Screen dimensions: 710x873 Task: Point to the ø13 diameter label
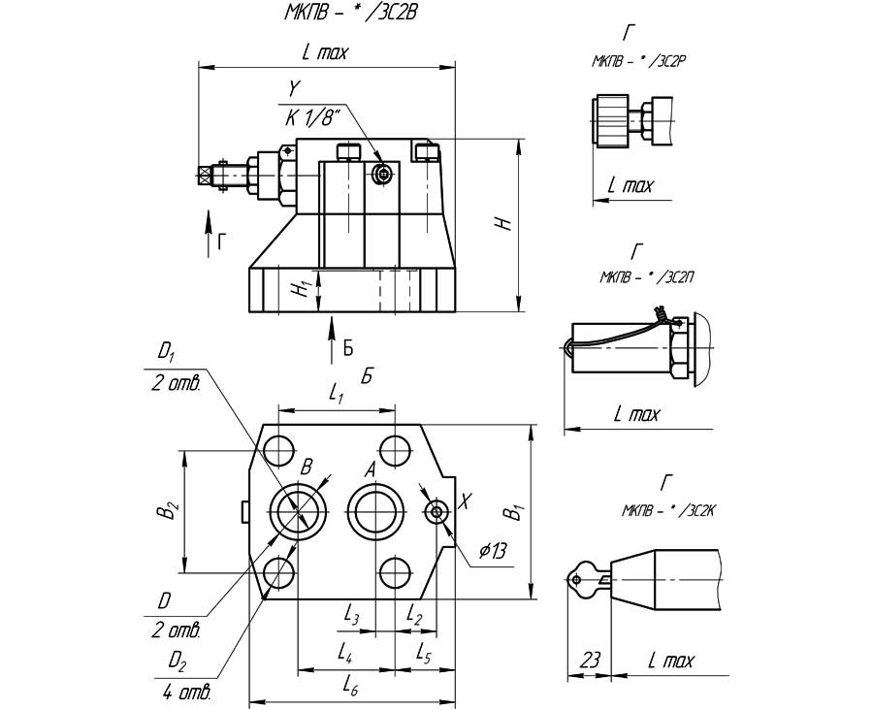pyautogui.click(x=494, y=552)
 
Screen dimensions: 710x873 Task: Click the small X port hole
pyautogui.click(x=437, y=511)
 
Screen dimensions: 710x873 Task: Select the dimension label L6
pyautogui.click(x=351, y=686)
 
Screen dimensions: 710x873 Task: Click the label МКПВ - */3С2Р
pyautogui.click(x=640, y=60)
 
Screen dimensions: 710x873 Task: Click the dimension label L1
pyautogui.click(x=336, y=393)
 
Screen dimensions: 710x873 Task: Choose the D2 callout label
pyautogui.click(x=176, y=661)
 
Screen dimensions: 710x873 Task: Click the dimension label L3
pyautogui.click(x=352, y=617)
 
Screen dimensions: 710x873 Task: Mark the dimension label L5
pyautogui.click(x=424, y=655)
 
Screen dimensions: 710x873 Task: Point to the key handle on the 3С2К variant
pyautogui.click(x=579, y=579)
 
